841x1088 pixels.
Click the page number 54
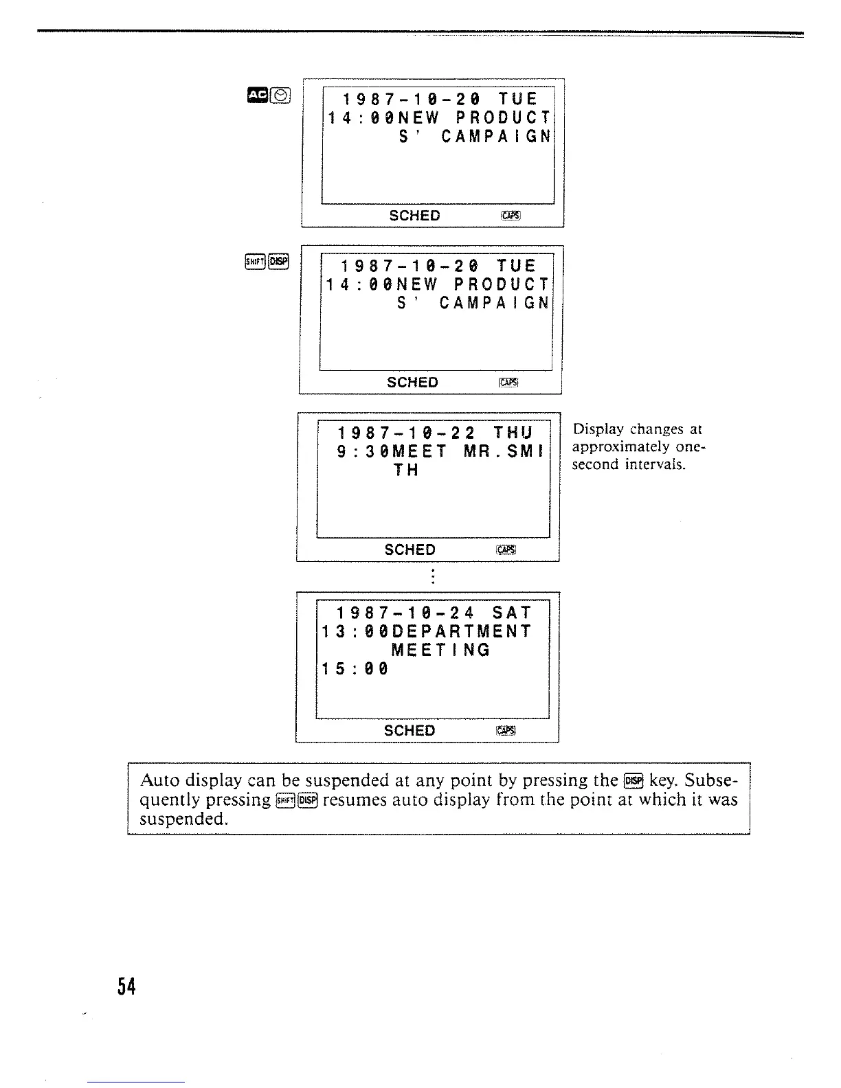[x=126, y=987]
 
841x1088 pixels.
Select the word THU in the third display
[x=513, y=433]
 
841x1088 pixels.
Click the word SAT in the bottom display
[x=512, y=613]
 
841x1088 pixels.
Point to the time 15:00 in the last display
[x=355, y=668]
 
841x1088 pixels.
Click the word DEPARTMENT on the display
[x=460, y=631]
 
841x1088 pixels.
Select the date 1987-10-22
[x=406, y=433]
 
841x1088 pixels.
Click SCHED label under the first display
[x=414, y=216]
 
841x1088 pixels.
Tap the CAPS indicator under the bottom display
[x=505, y=731]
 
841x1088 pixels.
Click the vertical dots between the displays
[x=431, y=576]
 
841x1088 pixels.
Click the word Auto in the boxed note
[x=160, y=780]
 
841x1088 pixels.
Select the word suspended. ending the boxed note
[x=183, y=819]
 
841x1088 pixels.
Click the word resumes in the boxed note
[x=352, y=800]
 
